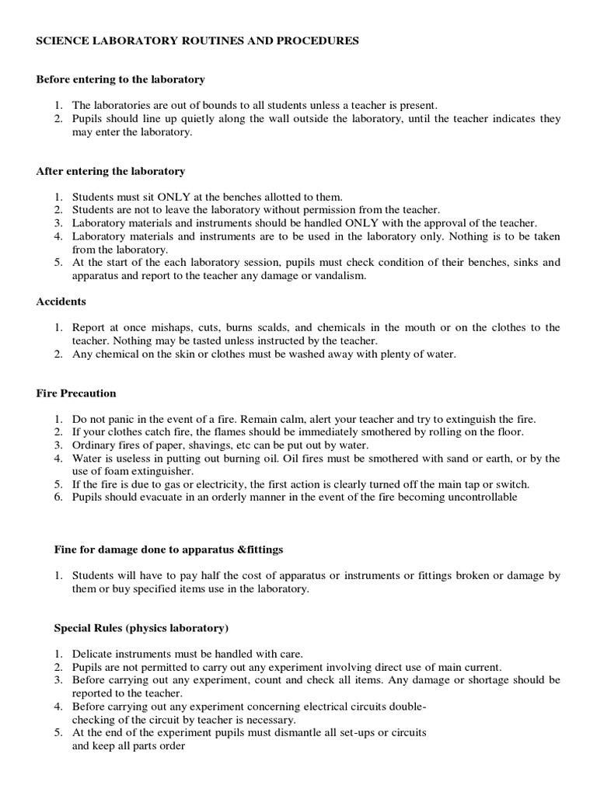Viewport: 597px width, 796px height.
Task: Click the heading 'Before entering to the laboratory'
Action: (x=120, y=79)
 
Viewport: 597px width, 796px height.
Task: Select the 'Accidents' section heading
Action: (x=61, y=302)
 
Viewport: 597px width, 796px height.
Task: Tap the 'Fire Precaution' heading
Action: (x=76, y=393)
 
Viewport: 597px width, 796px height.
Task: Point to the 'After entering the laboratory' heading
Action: (x=110, y=171)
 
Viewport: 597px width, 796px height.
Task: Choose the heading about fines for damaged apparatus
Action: (x=169, y=550)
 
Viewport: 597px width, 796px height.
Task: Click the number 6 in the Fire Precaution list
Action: (x=58, y=497)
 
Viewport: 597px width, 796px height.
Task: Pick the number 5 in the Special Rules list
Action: (x=58, y=733)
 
